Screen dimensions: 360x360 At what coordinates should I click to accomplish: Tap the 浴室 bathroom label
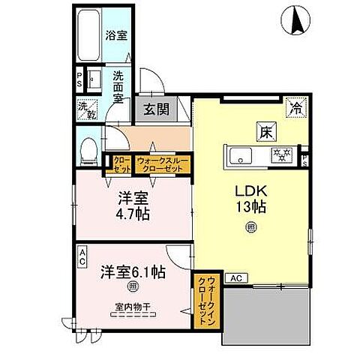(x=115, y=34)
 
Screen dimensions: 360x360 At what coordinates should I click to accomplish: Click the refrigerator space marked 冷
(x=297, y=106)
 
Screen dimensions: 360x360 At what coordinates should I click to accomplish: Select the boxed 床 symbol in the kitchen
(x=266, y=131)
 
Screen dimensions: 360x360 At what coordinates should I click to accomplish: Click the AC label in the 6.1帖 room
(x=83, y=253)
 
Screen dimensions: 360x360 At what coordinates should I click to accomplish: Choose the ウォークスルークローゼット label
(x=163, y=163)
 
